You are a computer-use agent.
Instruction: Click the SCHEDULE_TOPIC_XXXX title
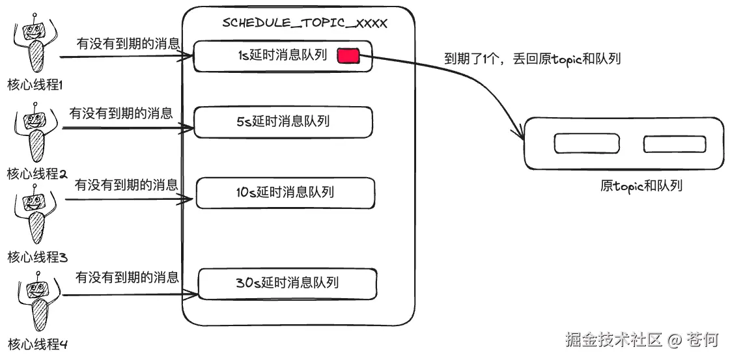click(x=305, y=23)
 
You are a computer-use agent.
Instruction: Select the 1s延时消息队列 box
click(x=283, y=56)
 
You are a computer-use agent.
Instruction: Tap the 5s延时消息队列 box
click(x=283, y=122)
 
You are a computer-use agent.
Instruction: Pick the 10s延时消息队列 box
click(x=285, y=193)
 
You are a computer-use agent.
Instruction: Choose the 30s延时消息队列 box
click(x=287, y=284)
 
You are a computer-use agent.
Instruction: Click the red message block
click(x=348, y=57)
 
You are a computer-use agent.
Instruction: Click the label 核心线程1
click(x=35, y=85)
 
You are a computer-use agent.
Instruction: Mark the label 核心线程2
click(x=37, y=174)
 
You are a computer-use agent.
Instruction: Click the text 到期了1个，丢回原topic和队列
click(x=532, y=59)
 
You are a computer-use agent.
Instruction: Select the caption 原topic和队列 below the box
click(x=641, y=186)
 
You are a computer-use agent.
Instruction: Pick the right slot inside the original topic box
click(x=674, y=144)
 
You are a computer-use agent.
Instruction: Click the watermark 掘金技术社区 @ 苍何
click(x=641, y=340)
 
